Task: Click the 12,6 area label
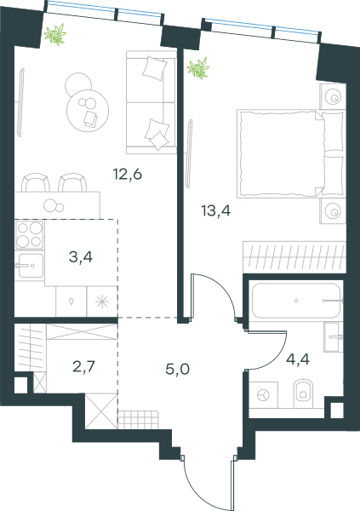[x=128, y=175]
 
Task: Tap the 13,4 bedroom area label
[x=216, y=211]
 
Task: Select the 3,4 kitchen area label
[x=81, y=257]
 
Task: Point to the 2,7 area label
[x=83, y=367]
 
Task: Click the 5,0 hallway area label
[x=178, y=370]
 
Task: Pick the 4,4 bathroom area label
[x=298, y=359]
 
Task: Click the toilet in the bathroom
[x=303, y=393]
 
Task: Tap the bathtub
[x=296, y=301]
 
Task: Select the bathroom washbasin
[x=334, y=337]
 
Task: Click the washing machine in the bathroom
[x=263, y=395]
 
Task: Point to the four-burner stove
[x=29, y=235]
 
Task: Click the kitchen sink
[x=29, y=266]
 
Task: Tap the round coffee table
[x=88, y=110]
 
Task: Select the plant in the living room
[x=55, y=35]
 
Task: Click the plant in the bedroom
[x=198, y=68]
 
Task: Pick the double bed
[x=291, y=153]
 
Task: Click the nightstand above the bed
[x=333, y=96]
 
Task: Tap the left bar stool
[x=36, y=182]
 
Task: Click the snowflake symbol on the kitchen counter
[x=102, y=301]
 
